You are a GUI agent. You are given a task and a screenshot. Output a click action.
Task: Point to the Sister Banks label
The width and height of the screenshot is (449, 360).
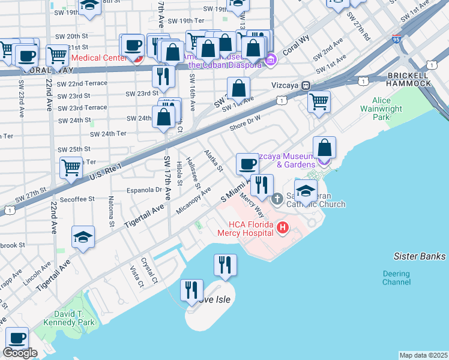coord(420,257)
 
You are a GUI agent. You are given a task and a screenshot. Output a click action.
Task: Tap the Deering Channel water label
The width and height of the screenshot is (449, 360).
coord(396,277)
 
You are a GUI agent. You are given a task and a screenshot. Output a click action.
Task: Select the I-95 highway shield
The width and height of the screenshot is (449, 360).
coord(396,39)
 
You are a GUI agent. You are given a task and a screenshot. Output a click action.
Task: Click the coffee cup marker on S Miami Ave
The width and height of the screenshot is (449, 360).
coord(247,164)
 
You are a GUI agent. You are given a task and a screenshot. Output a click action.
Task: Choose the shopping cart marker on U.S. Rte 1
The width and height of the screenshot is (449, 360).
coord(71,167)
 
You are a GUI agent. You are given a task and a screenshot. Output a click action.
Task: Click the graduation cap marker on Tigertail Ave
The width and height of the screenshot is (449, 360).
coord(83,236)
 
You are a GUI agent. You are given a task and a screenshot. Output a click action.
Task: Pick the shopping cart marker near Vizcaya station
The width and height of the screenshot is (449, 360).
coord(319,100)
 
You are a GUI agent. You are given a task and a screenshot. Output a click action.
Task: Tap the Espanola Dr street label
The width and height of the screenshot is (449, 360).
coord(142,190)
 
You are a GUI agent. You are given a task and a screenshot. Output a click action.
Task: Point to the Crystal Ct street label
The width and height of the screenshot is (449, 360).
coord(149,271)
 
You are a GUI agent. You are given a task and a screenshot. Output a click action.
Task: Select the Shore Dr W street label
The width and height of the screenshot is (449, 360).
coord(246,122)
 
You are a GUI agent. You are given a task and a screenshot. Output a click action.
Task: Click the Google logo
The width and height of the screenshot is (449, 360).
coord(20,353)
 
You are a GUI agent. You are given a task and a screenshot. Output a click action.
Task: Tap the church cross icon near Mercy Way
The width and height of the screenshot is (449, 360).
coord(277,199)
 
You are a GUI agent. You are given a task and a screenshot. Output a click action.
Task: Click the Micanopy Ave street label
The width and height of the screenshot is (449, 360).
coord(194,200)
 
